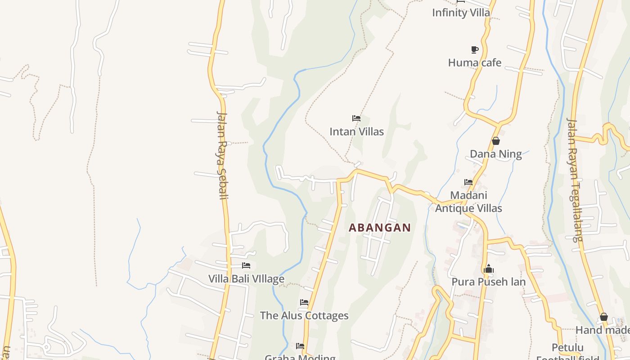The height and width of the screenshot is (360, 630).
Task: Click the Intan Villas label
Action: point(356,132)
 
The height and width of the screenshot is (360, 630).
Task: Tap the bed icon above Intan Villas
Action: point(356,118)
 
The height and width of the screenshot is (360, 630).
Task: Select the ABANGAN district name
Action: point(380,228)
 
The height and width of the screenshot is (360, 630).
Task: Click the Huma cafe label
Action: point(474,63)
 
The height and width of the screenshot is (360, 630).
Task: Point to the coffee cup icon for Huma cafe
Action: point(474,49)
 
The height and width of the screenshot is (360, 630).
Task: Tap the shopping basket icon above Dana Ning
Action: point(495,141)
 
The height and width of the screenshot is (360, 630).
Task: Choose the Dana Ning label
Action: point(495,154)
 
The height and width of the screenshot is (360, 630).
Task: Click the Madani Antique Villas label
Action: point(468,202)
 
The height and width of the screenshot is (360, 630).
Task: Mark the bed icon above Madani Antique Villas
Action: point(468,182)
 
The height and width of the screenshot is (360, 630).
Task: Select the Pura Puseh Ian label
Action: point(488,282)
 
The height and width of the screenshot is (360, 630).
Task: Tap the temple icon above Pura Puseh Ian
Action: point(488,269)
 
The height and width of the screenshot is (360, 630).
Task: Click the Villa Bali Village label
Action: point(246,279)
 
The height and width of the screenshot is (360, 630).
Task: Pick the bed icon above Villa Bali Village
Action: point(246,265)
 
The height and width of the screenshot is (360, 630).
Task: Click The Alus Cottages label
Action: point(304,316)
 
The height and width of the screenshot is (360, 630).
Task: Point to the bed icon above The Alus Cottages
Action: point(304,302)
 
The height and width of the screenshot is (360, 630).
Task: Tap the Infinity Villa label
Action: point(461,13)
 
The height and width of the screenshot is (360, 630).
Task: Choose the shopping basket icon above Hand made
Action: point(603,317)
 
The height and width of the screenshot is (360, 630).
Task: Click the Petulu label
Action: point(567,348)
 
